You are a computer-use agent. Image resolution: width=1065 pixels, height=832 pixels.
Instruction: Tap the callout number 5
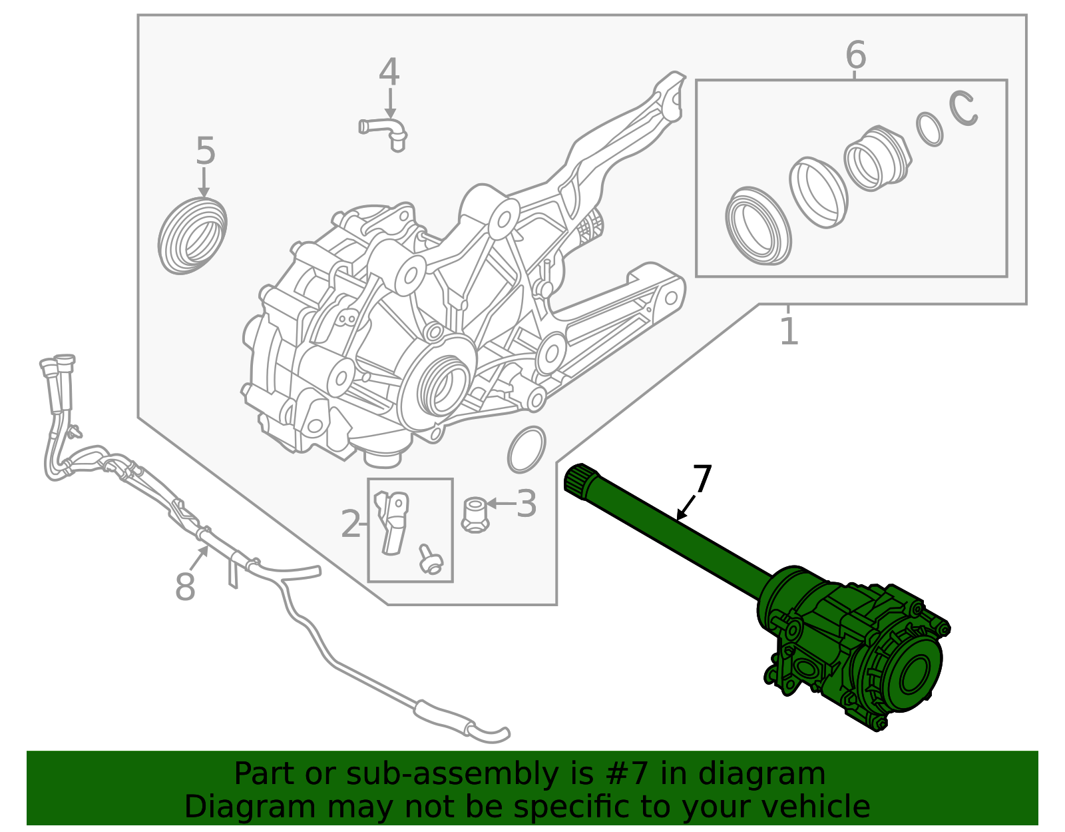(206, 151)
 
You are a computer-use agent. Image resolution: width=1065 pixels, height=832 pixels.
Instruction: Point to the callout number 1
(789, 331)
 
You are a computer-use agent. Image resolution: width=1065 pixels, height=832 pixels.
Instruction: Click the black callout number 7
(702, 478)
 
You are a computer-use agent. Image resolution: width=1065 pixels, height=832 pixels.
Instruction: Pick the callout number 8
(185, 587)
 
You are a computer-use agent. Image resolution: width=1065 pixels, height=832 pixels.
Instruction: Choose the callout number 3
(526, 504)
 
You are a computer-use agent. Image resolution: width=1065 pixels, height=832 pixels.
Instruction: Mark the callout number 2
(350, 524)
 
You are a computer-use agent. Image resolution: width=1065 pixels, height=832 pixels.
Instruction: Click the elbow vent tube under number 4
(385, 130)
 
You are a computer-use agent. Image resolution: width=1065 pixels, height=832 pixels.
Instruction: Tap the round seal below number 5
(192, 236)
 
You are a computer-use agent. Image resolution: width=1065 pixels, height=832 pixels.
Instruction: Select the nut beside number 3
(475, 515)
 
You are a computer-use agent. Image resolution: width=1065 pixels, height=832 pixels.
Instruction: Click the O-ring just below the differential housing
(527, 450)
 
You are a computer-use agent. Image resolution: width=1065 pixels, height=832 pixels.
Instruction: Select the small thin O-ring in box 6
(929, 129)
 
